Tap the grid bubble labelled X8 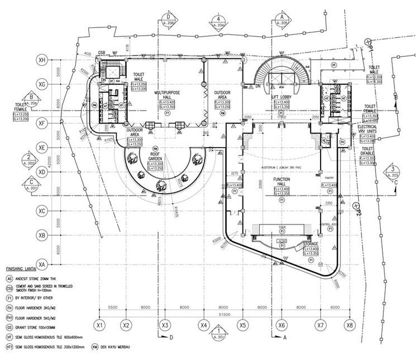350,325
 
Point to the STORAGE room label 311,244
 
